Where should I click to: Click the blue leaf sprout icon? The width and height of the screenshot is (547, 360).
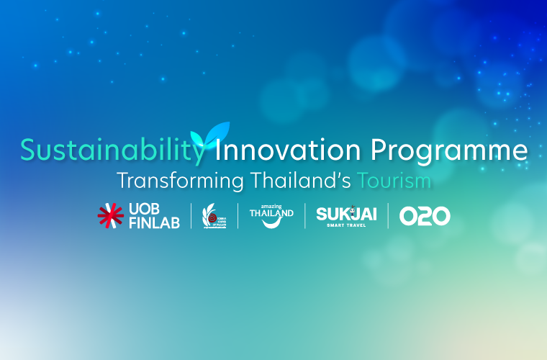coord(209,134)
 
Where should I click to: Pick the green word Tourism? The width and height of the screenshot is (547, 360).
coord(395,180)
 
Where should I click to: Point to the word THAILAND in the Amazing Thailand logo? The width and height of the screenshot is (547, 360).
coord(271,213)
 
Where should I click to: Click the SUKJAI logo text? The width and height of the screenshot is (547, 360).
coord(346,213)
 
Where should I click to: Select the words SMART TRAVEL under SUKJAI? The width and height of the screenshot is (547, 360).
coord(346,225)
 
